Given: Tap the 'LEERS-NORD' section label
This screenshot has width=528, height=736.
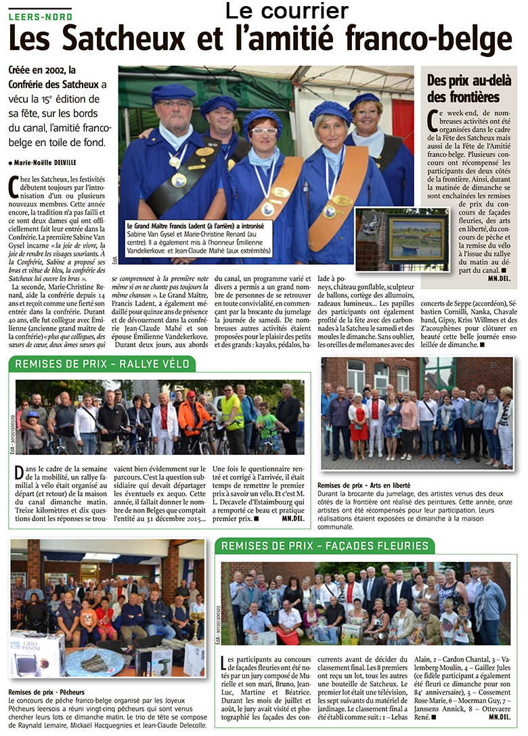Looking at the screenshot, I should click(x=40, y=16).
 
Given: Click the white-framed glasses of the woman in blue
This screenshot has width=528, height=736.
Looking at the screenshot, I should click(x=264, y=130).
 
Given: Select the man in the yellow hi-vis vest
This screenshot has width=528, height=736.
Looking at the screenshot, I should click(x=232, y=413).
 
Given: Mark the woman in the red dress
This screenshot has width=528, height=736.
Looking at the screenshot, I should click(x=359, y=423).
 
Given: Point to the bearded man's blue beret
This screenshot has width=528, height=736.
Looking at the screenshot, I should click(x=174, y=92).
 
